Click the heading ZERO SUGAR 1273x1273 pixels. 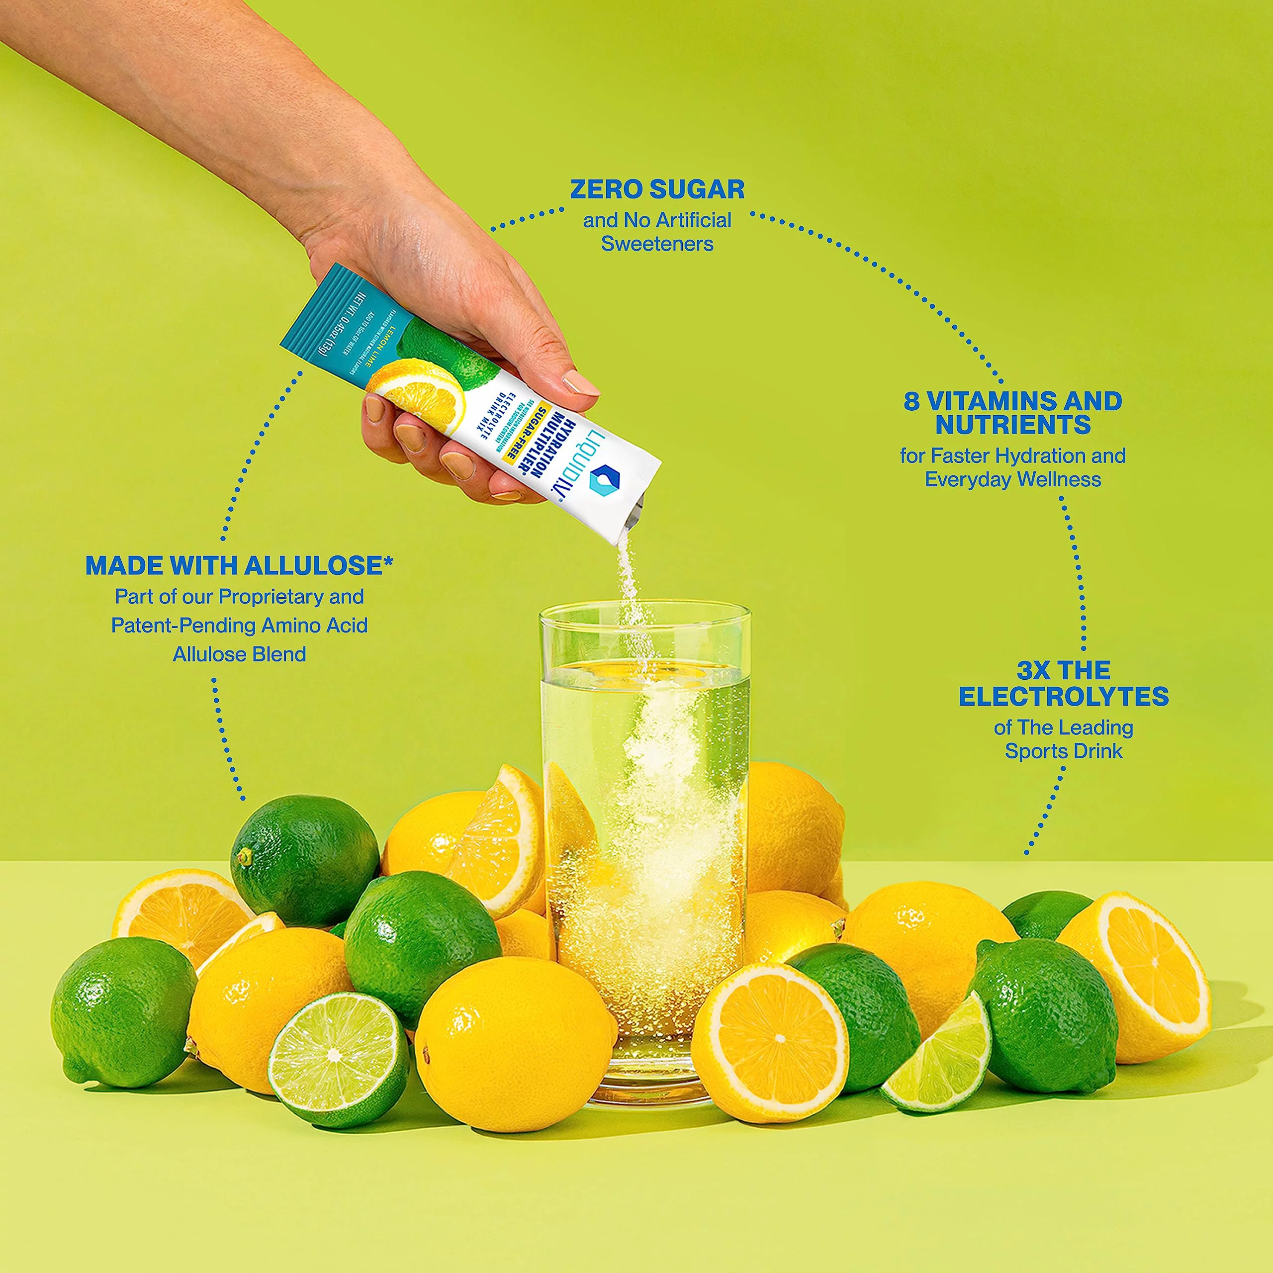click(657, 190)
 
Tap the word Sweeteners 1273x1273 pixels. click(657, 244)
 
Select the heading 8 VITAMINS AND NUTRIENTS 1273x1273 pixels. click(1013, 413)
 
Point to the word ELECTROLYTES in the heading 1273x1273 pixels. click(1064, 697)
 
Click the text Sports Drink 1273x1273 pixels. click(1064, 751)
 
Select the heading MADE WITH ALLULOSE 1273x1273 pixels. click(239, 565)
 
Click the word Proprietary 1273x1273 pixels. click(272, 597)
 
